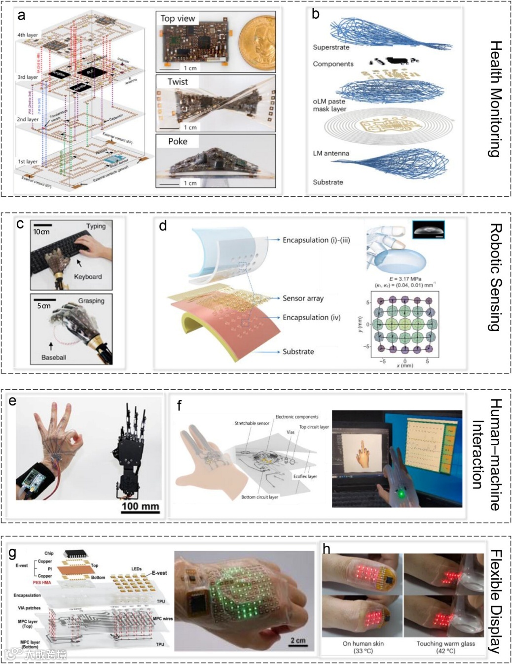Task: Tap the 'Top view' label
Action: [x=178, y=19]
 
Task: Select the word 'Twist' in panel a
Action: [x=178, y=82]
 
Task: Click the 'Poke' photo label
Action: [x=178, y=141]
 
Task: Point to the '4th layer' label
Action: [x=28, y=35]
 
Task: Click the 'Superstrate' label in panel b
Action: [x=331, y=47]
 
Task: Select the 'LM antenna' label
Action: [x=331, y=153]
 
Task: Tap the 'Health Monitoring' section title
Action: [x=495, y=99]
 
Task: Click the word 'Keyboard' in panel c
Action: [x=88, y=276]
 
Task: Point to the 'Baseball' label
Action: [x=54, y=357]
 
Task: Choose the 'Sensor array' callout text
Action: [x=303, y=298]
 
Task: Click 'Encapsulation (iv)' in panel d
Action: [x=311, y=317]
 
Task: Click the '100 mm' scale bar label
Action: [x=141, y=506]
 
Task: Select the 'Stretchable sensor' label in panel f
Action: [x=252, y=423]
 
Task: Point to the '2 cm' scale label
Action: [x=298, y=640]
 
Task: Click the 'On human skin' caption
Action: [x=363, y=643]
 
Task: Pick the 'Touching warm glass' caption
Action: [x=445, y=643]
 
